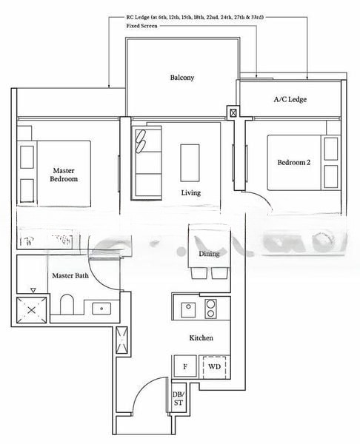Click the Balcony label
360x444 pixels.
(181, 78)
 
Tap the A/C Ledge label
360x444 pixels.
(290, 99)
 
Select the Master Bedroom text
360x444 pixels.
(64, 174)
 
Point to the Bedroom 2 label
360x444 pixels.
(294, 163)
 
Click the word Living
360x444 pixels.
(191, 193)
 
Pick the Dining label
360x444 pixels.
(209, 254)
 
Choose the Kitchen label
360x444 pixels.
(201, 338)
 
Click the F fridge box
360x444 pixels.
(184, 366)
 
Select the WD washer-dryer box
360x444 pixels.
(213, 366)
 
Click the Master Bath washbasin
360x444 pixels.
(99, 308)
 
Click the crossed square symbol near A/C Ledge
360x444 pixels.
(234, 113)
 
